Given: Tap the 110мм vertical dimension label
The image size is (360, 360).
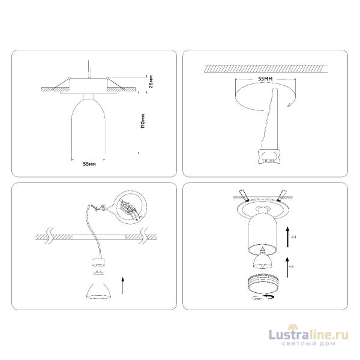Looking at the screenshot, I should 141,122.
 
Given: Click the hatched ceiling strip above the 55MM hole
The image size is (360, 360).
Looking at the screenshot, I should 264,68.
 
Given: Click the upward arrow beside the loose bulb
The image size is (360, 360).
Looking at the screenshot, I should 123,284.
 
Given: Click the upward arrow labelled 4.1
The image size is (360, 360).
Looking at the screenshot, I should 289,234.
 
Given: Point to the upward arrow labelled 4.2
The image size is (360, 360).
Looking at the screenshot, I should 289,267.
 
